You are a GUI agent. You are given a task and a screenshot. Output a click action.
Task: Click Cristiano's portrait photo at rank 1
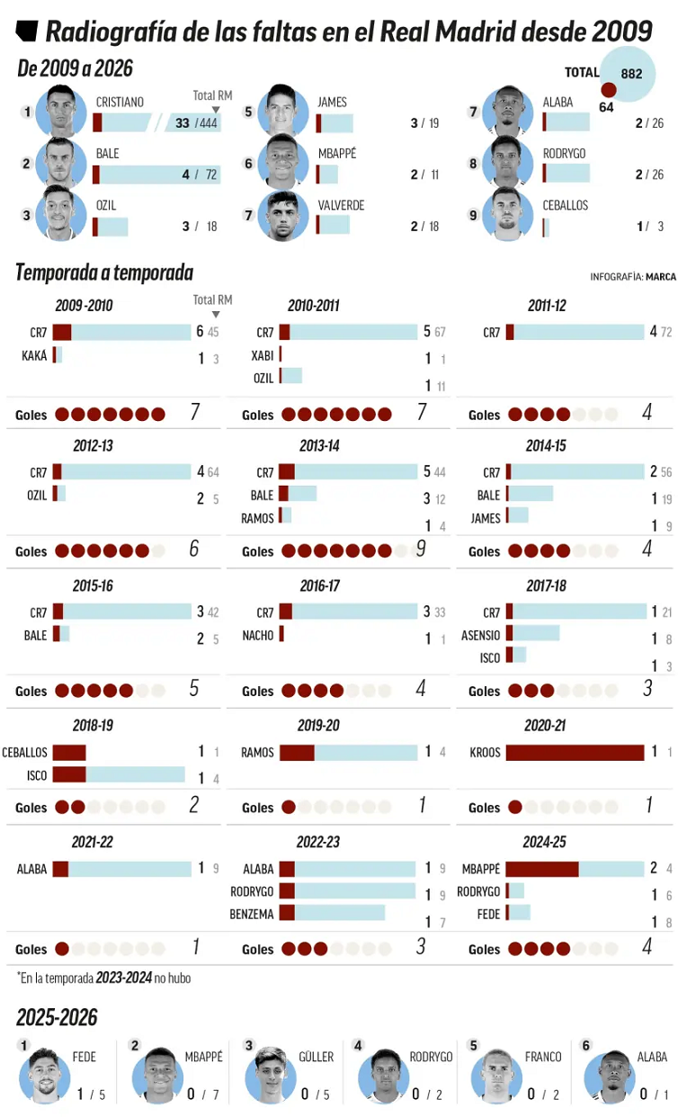pyautogui.click(x=60, y=112)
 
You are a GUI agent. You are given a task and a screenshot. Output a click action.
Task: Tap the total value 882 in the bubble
pyautogui.click(x=631, y=74)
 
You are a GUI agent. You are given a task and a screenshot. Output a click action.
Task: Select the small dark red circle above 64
pyautogui.click(x=609, y=90)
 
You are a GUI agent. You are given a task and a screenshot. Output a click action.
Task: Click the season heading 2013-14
pyautogui.click(x=319, y=446)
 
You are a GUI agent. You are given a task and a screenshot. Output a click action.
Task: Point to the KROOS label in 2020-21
pyautogui.click(x=485, y=753)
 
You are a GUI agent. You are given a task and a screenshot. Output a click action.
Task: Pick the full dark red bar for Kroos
pyautogui.click(x=575, y=753)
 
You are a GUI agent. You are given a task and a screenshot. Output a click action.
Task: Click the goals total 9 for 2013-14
pyautogui.click(x=421, y=549)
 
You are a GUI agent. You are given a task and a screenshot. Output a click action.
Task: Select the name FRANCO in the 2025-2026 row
pyautogui.click(x=543, y=1057)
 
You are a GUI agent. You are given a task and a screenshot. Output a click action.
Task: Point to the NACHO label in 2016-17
pyautogui.click(x=258, y=636)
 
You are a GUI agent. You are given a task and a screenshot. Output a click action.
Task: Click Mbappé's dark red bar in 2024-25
pyautogui.click(x=542, y=870)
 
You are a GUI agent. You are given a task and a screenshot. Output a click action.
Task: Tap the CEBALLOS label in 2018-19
pyautogui.click(x=25, y=753)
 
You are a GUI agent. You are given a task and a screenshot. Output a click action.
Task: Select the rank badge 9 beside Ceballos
pyautogui.click(x=474, y=215)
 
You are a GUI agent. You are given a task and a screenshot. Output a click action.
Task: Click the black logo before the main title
pyautogui.click(x=27, y=32)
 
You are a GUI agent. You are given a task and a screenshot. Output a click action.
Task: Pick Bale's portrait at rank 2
pyautogui.click(x=60, y=164)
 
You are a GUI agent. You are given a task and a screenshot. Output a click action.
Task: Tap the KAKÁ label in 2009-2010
pyautogui.click(x=34, y=356)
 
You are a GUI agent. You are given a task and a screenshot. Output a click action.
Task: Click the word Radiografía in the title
pyautogui.click(x=102, y=32)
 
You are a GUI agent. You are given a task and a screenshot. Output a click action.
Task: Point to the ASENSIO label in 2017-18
pyautogui.click(x=480, y=636)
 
